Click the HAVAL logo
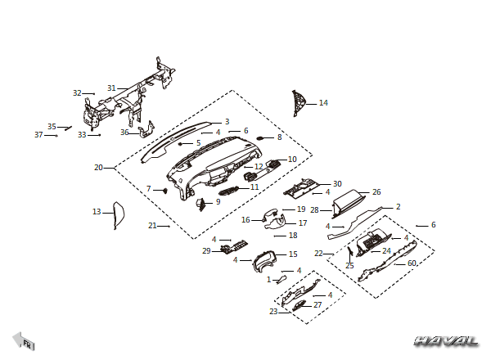coord(446,341)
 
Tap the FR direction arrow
coord(24,341)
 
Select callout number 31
coord(111,88)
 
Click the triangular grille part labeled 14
coord(298,103)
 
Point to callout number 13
coord(97,212)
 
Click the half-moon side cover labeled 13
coord(119,215)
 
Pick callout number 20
coord(98,168)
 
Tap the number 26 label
coord(376,192)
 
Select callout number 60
coord(412,263)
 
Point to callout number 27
coord(318,304)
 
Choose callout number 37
coord(38,135)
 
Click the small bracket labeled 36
coord(146,129)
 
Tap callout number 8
coord(279,137)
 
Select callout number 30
coord(337,184)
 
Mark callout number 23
coord(273,311)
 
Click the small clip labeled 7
coord(164,191)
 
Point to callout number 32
coord(77,93)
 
